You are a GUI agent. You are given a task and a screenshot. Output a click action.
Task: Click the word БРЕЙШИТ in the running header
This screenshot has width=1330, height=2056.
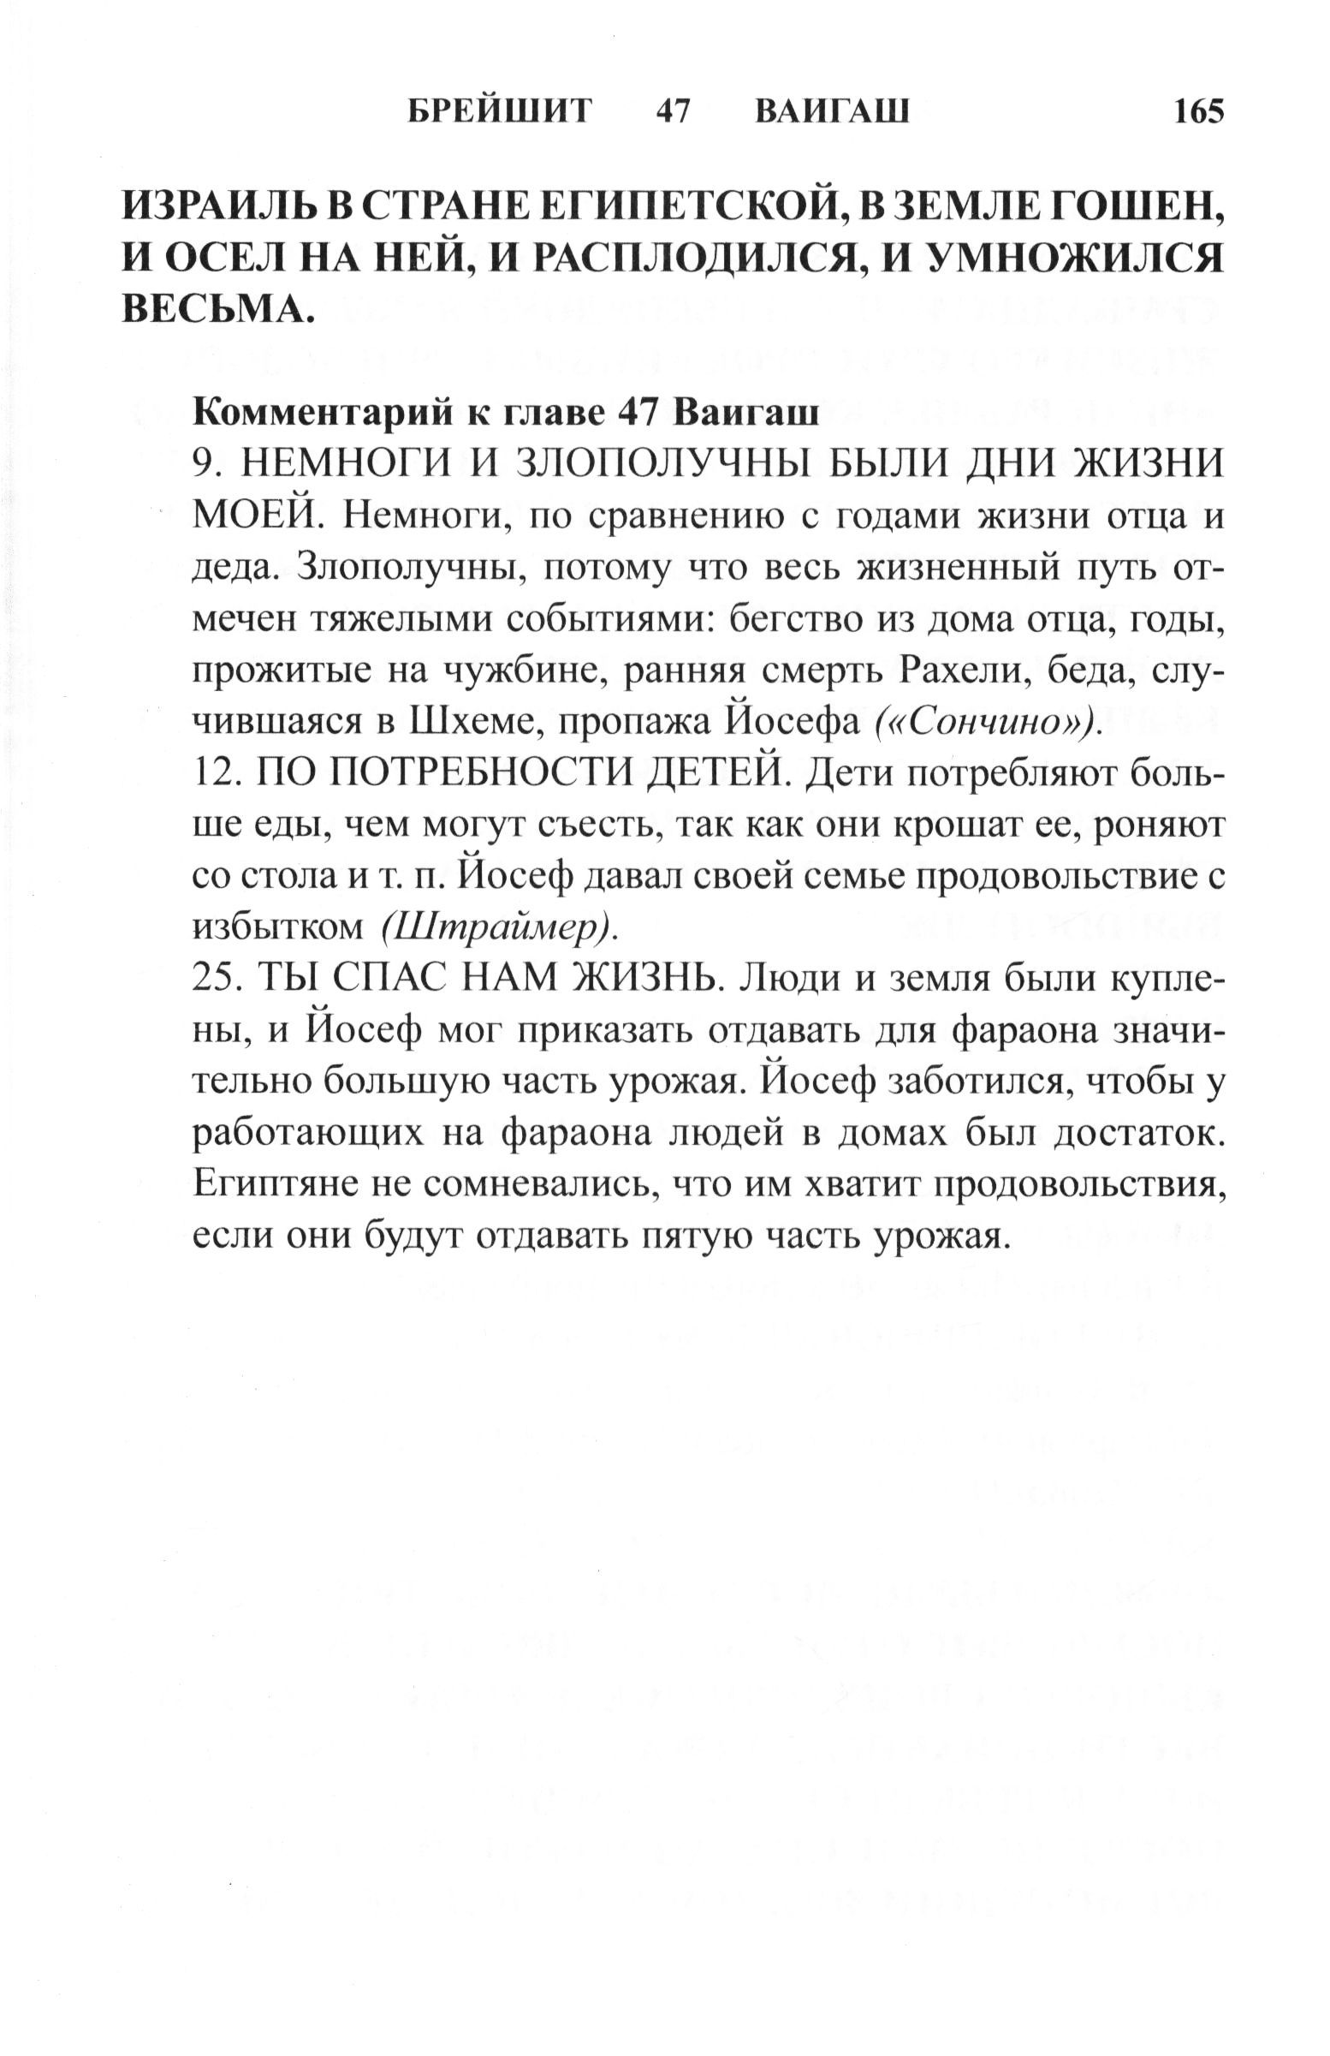[500, 112]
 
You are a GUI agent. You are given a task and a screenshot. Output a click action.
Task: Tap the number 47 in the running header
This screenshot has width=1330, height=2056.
[674, 112]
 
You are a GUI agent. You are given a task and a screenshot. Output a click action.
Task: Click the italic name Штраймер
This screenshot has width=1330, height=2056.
[498, 927]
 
